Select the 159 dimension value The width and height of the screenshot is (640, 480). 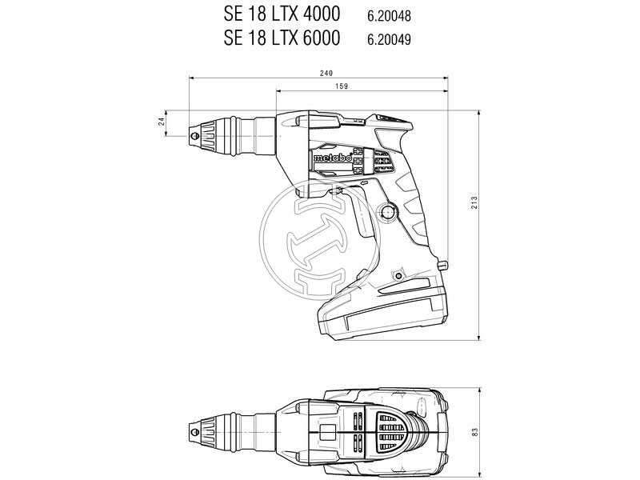364,86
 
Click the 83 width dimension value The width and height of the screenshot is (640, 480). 474,430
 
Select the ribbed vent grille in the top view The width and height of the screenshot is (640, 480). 389,430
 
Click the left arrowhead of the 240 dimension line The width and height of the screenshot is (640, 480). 192,78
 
